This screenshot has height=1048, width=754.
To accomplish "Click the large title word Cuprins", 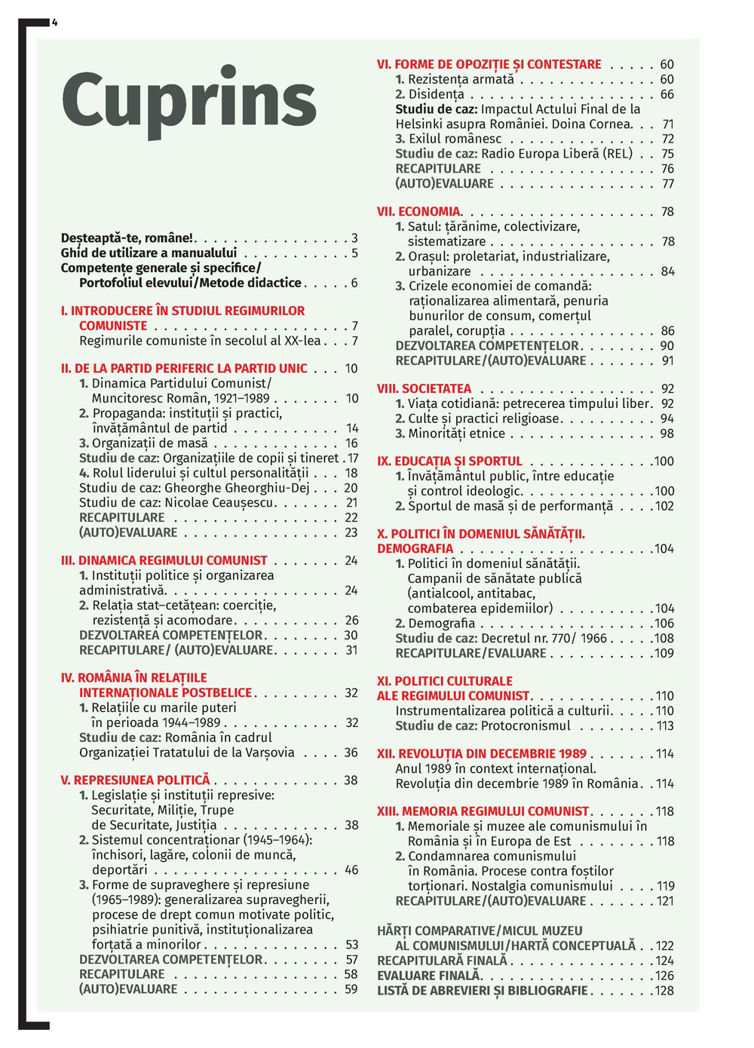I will (x=188, y=102).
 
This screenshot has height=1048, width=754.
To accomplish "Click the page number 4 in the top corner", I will (x=55, y=23).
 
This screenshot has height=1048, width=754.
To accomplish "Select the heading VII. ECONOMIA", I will (x=418, y=212).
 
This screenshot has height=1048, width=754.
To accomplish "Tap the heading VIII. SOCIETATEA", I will (x=424, y=389).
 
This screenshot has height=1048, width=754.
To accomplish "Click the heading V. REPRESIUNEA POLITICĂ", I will (x=135, y=780).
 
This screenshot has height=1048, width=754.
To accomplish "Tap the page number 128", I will (x=664, y=991).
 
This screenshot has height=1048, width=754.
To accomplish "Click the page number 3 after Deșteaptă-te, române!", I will (x=354, y=238).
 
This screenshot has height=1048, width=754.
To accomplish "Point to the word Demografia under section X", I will (x=441, y=624).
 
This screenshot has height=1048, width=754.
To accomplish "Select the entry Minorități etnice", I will (x=456, y=434).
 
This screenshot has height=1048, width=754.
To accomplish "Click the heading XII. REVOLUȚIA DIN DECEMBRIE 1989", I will (x=482, y=754).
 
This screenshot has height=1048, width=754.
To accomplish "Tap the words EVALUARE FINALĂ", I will (x=428, y=976).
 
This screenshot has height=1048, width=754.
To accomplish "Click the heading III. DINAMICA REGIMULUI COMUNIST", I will (x=164, y=561).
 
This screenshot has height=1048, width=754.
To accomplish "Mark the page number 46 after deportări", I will (x=351, y=870).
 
